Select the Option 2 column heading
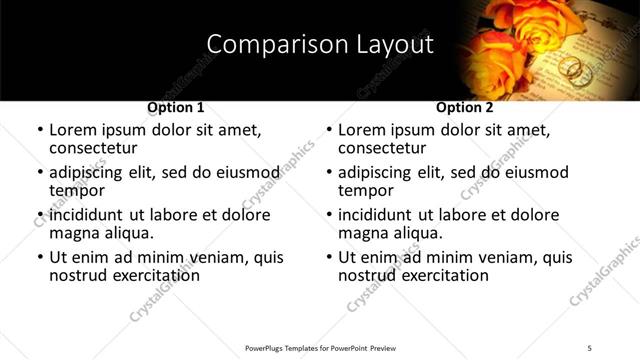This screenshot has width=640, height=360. click(x=464, y=106)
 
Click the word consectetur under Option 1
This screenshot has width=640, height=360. click(x=92, y=148)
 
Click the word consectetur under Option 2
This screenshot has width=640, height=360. click(x=381, y=148)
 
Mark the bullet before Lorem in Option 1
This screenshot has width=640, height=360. click(x=40, y=131)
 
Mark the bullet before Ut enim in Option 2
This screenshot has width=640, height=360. click(x=329, y=258)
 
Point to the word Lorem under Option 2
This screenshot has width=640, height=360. click(x=362, y=130)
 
